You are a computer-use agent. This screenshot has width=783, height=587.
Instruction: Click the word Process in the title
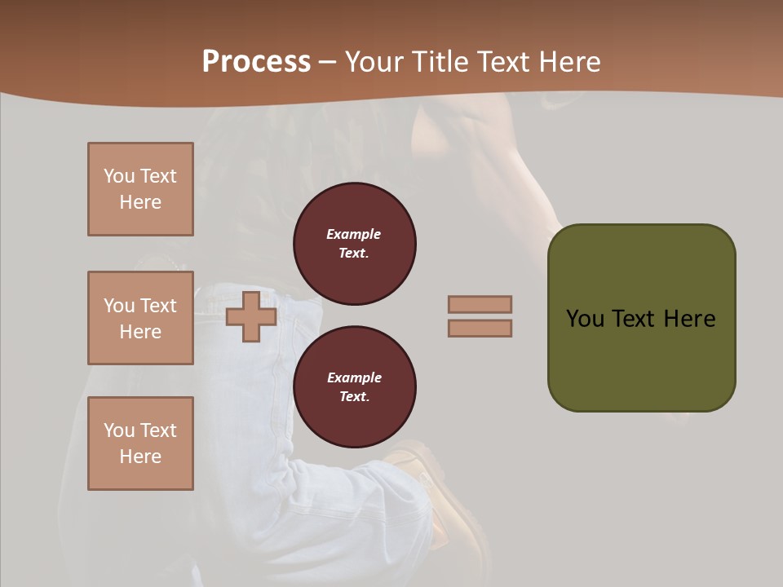[x=256, y=62]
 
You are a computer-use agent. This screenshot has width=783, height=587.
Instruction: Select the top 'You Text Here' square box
[x=140, y=189]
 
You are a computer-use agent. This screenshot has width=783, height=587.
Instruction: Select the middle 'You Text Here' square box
[x=140, y=318]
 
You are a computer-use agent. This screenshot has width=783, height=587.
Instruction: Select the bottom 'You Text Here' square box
[x=140, y=444]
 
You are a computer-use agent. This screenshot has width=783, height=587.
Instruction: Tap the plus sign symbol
[x=251, y=316]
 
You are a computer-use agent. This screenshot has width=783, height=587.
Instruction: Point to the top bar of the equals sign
[x=480, y=304]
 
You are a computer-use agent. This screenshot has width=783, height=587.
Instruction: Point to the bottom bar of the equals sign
[x=480, y=329]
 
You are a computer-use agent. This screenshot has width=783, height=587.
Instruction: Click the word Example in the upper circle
[x=354, y=234]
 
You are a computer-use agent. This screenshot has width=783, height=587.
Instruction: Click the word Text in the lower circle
[x=353, y=397]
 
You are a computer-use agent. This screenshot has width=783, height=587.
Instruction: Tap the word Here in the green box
[x=689, y=319]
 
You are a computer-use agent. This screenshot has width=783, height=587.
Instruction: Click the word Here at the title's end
[x=570, y=62]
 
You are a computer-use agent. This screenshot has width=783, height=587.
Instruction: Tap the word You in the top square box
[x=118, y=176]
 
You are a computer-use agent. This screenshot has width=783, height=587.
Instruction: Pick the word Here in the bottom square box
[x=140, y=457]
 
